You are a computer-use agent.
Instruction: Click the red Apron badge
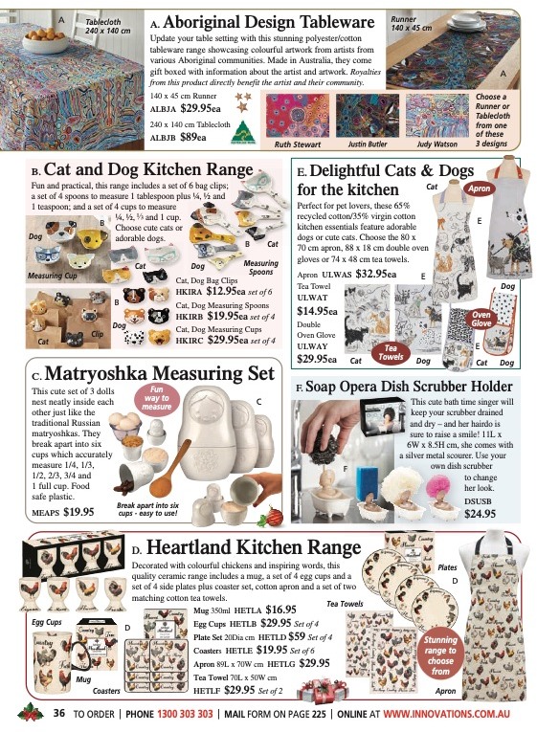tap(477, 189)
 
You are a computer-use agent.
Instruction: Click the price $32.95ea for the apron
tap(377, 273)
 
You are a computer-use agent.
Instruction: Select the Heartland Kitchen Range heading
tap(263, 549)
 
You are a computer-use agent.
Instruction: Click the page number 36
tap(58, 713)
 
